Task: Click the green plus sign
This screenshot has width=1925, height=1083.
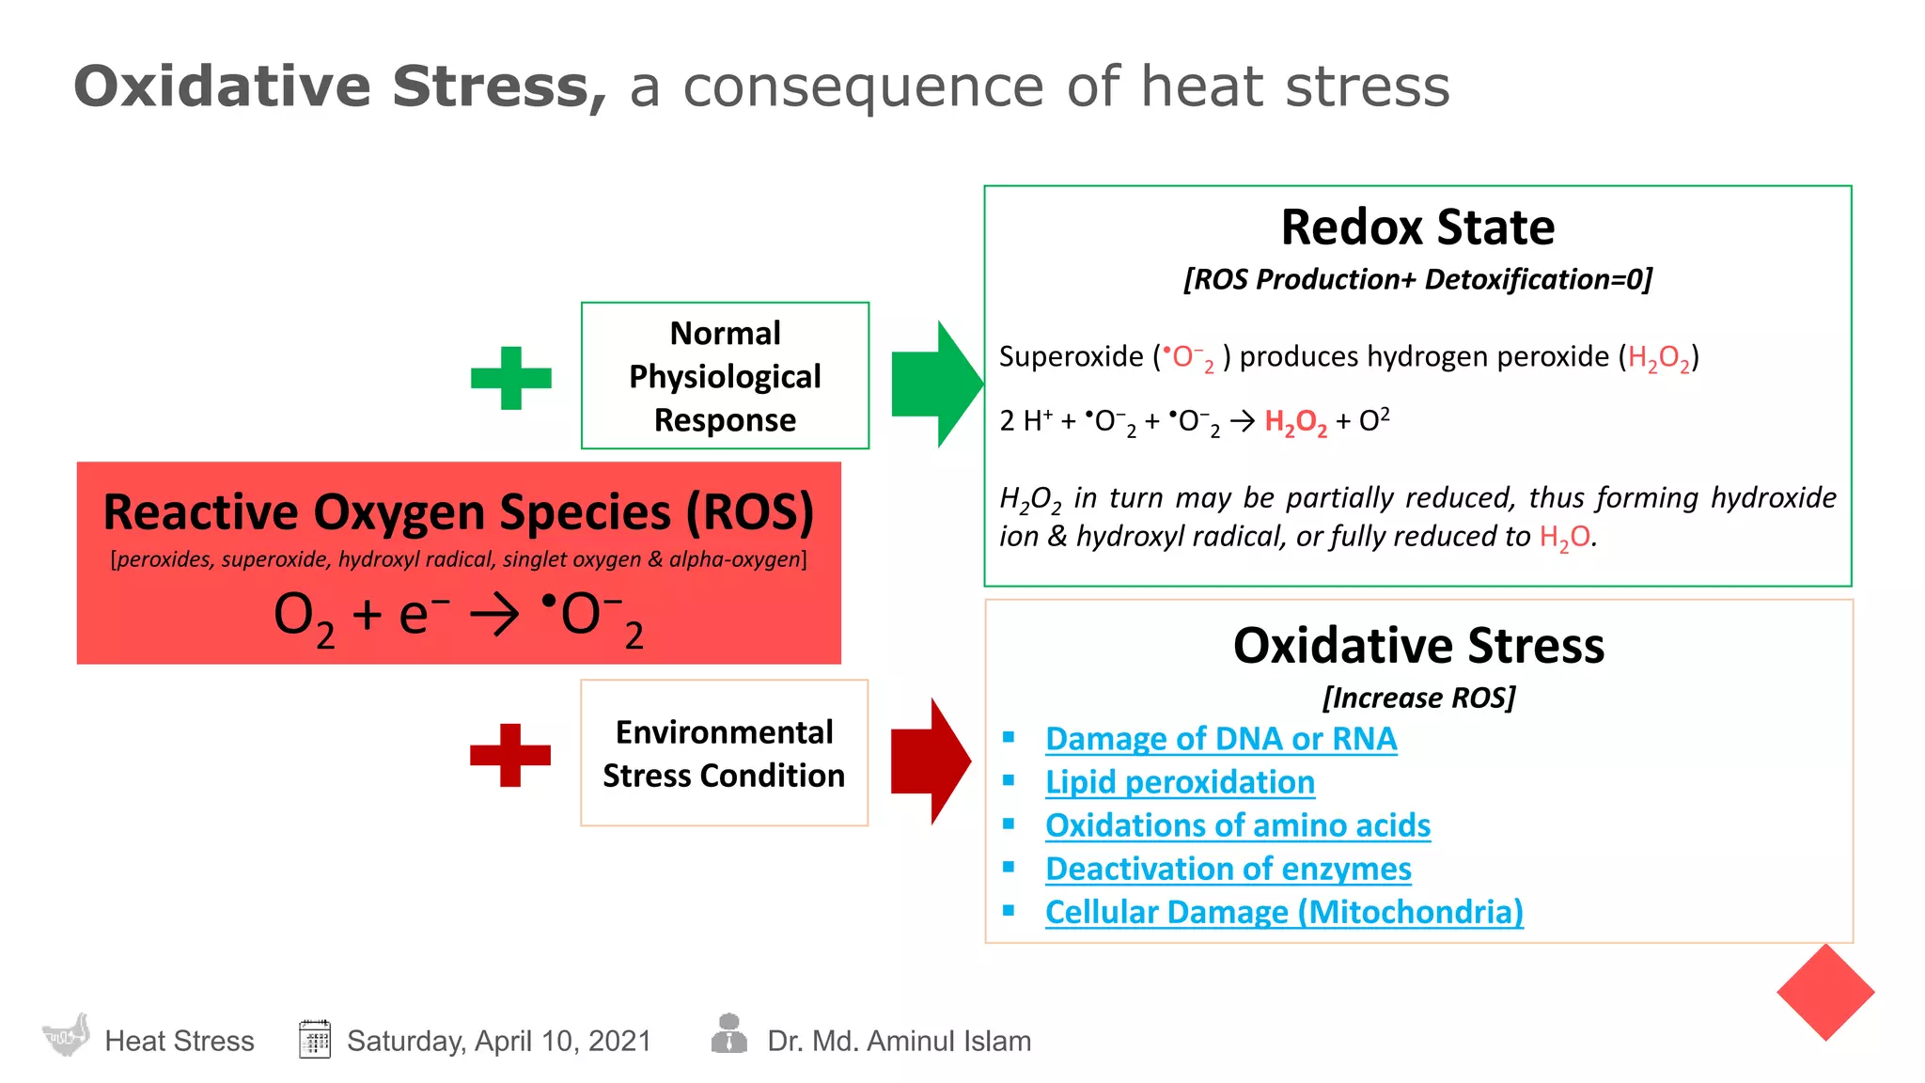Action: pos(510,378)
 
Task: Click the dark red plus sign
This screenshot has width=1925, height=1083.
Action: pos(510,755)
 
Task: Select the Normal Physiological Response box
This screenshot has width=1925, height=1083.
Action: pos(725,376)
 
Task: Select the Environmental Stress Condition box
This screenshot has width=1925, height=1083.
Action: pos(724,753)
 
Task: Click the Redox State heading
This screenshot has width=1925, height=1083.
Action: pos(1417,228)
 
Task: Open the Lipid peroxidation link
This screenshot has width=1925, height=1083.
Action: pos(1180,782)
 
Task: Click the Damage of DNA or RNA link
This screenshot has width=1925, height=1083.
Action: pos(1221,739)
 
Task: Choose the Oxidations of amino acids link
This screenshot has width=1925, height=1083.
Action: pos(1237,825)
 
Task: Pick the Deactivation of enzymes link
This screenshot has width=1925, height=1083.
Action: pos(1228,869)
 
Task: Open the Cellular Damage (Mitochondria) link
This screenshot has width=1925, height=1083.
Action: pos(1284,912)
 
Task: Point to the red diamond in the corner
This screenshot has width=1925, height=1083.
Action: pos(1825,993)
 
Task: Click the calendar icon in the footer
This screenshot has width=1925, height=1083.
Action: pos(315,1039)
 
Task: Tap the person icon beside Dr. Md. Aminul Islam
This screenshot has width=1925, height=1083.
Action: pos(728,1034)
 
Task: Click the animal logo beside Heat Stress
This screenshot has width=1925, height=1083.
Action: pos(66,1036)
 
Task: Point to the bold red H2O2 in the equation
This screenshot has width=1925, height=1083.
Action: pos(1295,422)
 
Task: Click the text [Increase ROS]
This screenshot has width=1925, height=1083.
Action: pos(1418,698)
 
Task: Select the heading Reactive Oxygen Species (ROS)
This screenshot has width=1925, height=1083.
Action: pos(459,512)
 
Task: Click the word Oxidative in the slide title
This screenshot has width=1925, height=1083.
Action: pos(222,86)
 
